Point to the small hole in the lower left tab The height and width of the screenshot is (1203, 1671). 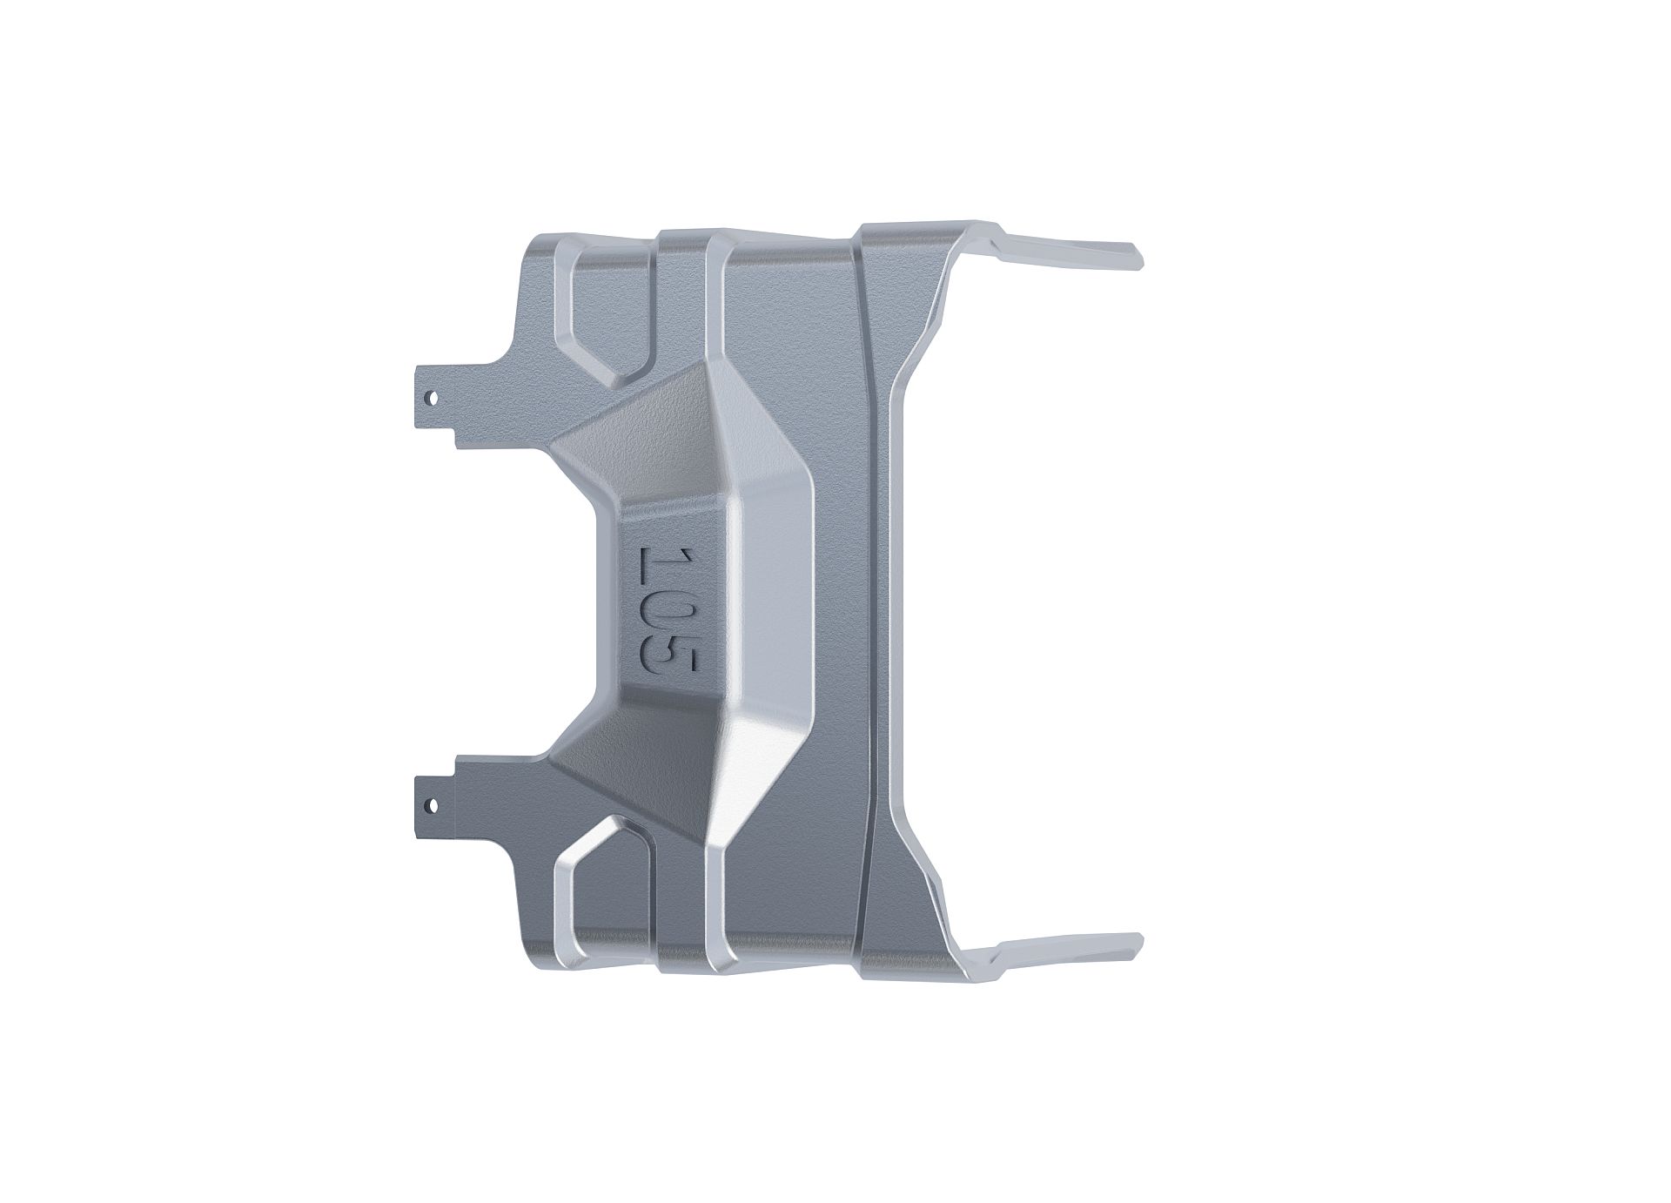pyautogui.click(x=429, y=803)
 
